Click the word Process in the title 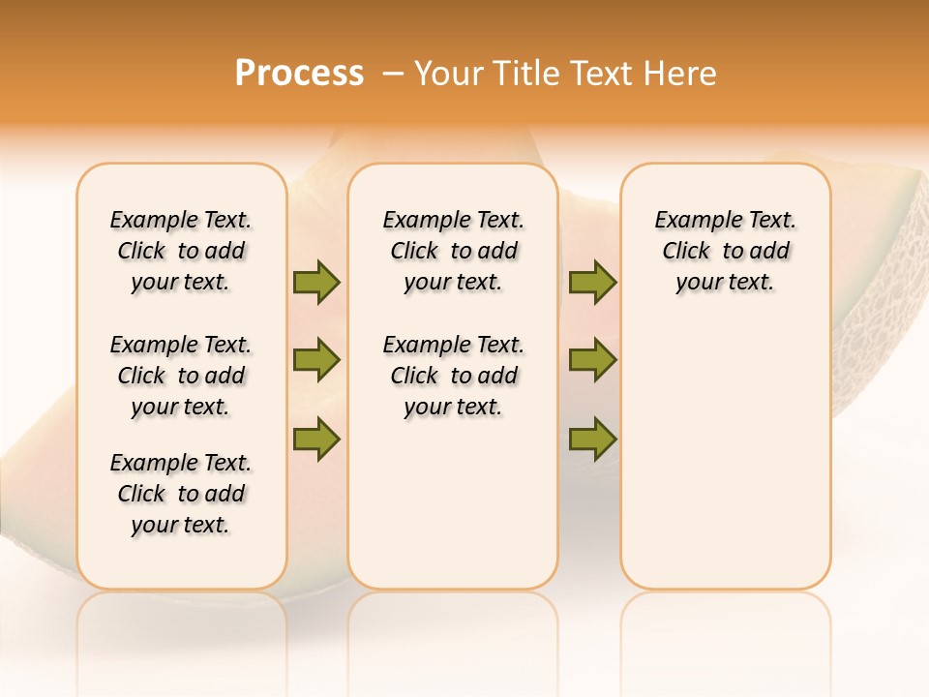click(299, 74)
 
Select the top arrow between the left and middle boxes click(316, 282)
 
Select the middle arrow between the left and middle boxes click(316, 360)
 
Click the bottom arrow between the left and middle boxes click(316, 439)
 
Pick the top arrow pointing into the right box click(592, 282)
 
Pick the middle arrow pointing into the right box click(592, 360)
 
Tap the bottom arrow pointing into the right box click(592, 439)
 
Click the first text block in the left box click(181, 251)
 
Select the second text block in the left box click(181, 376)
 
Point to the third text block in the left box click(181, 494)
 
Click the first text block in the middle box click(453, 251)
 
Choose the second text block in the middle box click(453, 376)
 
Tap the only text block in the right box click(725, 251)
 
